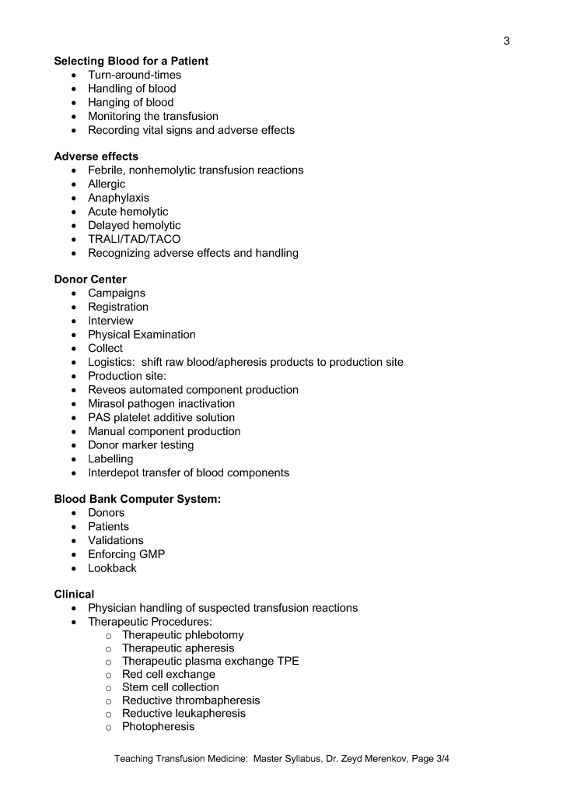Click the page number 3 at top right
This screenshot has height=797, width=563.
coord(506,41)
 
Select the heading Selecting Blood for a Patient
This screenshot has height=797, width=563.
coord(131,61)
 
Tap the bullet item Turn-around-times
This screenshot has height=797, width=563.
coord(135,75)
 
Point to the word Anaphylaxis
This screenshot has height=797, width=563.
coord(118,198)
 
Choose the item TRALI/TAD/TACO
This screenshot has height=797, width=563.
coord(134,239)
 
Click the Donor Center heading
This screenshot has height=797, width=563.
coord(90,279)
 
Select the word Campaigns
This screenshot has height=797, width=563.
coord(117,293)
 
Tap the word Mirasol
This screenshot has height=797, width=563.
coord(109,404)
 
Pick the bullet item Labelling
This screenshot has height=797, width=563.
coord(110,459)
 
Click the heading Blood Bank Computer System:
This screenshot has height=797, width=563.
coord(138,500)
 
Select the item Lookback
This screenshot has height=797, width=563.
coord(112,568)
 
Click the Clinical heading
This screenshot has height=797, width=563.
coord(74,595)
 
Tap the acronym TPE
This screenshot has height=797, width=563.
coord(287,662)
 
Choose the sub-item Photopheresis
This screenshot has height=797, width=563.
coord(158,727)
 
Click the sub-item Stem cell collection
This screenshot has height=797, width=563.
coord(170,687)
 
